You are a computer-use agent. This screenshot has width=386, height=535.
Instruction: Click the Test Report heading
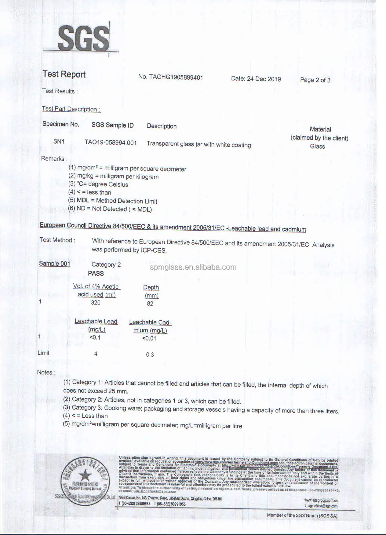point(64,74)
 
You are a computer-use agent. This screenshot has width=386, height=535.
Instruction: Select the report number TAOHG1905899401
point(170,77)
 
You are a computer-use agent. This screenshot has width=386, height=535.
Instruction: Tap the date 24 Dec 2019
point(256,79)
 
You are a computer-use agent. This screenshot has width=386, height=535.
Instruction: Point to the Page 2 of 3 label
point(315,80)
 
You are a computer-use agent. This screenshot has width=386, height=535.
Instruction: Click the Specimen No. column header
point(61,124)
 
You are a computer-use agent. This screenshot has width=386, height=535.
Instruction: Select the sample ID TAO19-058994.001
point(111,143)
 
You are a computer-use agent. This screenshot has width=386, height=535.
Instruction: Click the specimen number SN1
point(59,141)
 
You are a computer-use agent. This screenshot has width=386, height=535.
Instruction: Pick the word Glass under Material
point(317,146)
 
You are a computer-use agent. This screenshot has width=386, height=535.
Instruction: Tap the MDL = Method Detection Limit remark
point(113,201)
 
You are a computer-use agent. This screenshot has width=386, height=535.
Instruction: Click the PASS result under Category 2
point(96,273)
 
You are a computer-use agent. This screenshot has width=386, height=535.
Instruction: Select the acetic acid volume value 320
point(96,302)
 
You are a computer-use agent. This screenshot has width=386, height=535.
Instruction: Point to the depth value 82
point(150,304)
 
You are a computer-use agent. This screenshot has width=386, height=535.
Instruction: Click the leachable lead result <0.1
point(95,337)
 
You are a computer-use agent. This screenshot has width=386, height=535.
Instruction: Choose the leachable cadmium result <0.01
point(149,338)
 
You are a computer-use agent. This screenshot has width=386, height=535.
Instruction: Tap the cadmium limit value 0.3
point(150,355)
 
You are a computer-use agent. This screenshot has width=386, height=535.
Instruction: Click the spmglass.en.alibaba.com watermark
point(193,267)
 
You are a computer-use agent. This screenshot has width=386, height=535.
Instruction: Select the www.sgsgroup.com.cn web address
point(321,500)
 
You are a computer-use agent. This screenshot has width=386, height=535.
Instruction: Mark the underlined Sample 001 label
point(55,264)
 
